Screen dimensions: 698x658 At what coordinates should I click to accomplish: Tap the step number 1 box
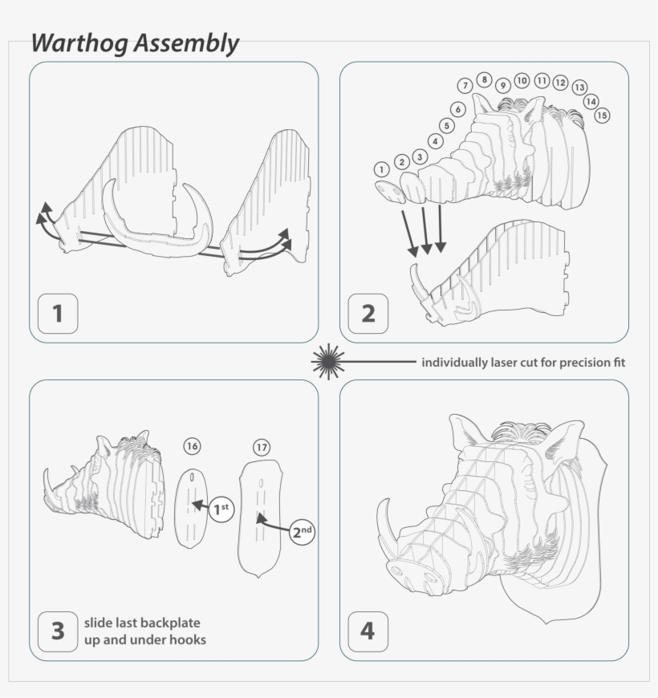[x=58, y=314]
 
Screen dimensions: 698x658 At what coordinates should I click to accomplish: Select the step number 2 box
[x=368, y=314]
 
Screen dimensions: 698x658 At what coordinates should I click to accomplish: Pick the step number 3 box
[x=58, y=631]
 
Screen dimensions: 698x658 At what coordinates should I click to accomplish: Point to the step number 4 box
[x=368, y=631]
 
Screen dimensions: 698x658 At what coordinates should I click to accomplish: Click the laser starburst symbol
[x=327, y=362]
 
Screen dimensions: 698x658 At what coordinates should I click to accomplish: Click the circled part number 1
[x=382, y=169]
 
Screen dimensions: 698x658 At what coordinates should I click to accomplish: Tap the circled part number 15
[x=602, y=116]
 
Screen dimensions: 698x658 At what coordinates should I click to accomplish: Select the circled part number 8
[x=484, y=79]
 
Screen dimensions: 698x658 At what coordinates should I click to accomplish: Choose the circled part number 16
[x=192, y=446]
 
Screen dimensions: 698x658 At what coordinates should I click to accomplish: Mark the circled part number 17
[x=261, y=447]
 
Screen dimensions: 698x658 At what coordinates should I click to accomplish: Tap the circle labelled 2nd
[x=302, y=532]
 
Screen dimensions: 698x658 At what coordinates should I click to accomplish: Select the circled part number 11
[x=542, y=81]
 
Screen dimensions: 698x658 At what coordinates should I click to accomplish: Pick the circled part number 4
[x=436, y=141]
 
